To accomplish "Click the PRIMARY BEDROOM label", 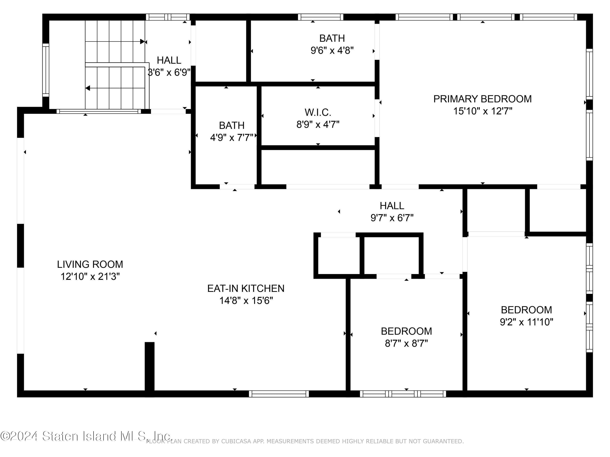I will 482,99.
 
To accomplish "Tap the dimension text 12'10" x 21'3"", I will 90,276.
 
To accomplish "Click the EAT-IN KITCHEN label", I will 246,288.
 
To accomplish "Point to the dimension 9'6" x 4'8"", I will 332,50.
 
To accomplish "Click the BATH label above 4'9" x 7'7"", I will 232,125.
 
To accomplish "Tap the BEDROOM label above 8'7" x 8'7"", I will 406,331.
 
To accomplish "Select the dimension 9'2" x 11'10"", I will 526,322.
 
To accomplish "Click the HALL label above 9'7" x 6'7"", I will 392,206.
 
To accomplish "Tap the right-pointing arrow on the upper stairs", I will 142,42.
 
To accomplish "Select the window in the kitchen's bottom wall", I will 279,394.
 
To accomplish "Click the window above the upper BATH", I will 320,17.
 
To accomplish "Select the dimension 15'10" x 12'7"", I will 483,111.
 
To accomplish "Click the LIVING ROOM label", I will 90,264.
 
